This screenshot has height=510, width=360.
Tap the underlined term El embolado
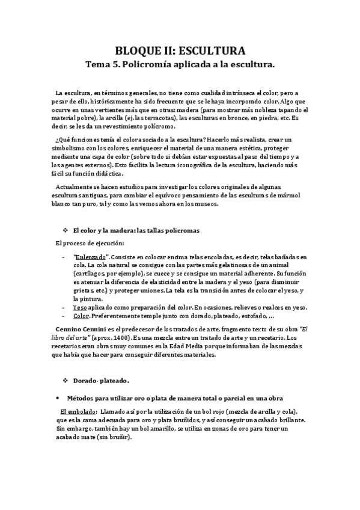point(70,411)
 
